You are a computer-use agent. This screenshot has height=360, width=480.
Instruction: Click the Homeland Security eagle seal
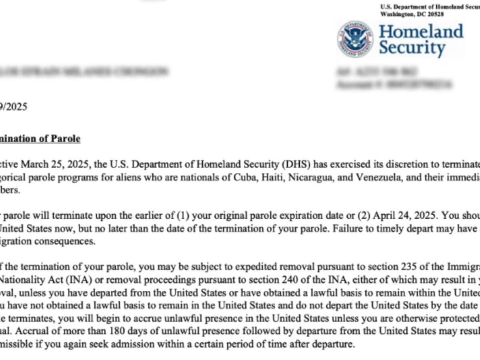coord(355,39)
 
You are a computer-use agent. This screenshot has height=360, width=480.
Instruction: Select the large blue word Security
coord(412,48)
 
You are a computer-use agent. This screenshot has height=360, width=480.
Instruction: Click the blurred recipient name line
coord(84,72)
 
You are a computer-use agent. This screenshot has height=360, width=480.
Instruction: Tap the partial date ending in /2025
coord(14,107)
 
